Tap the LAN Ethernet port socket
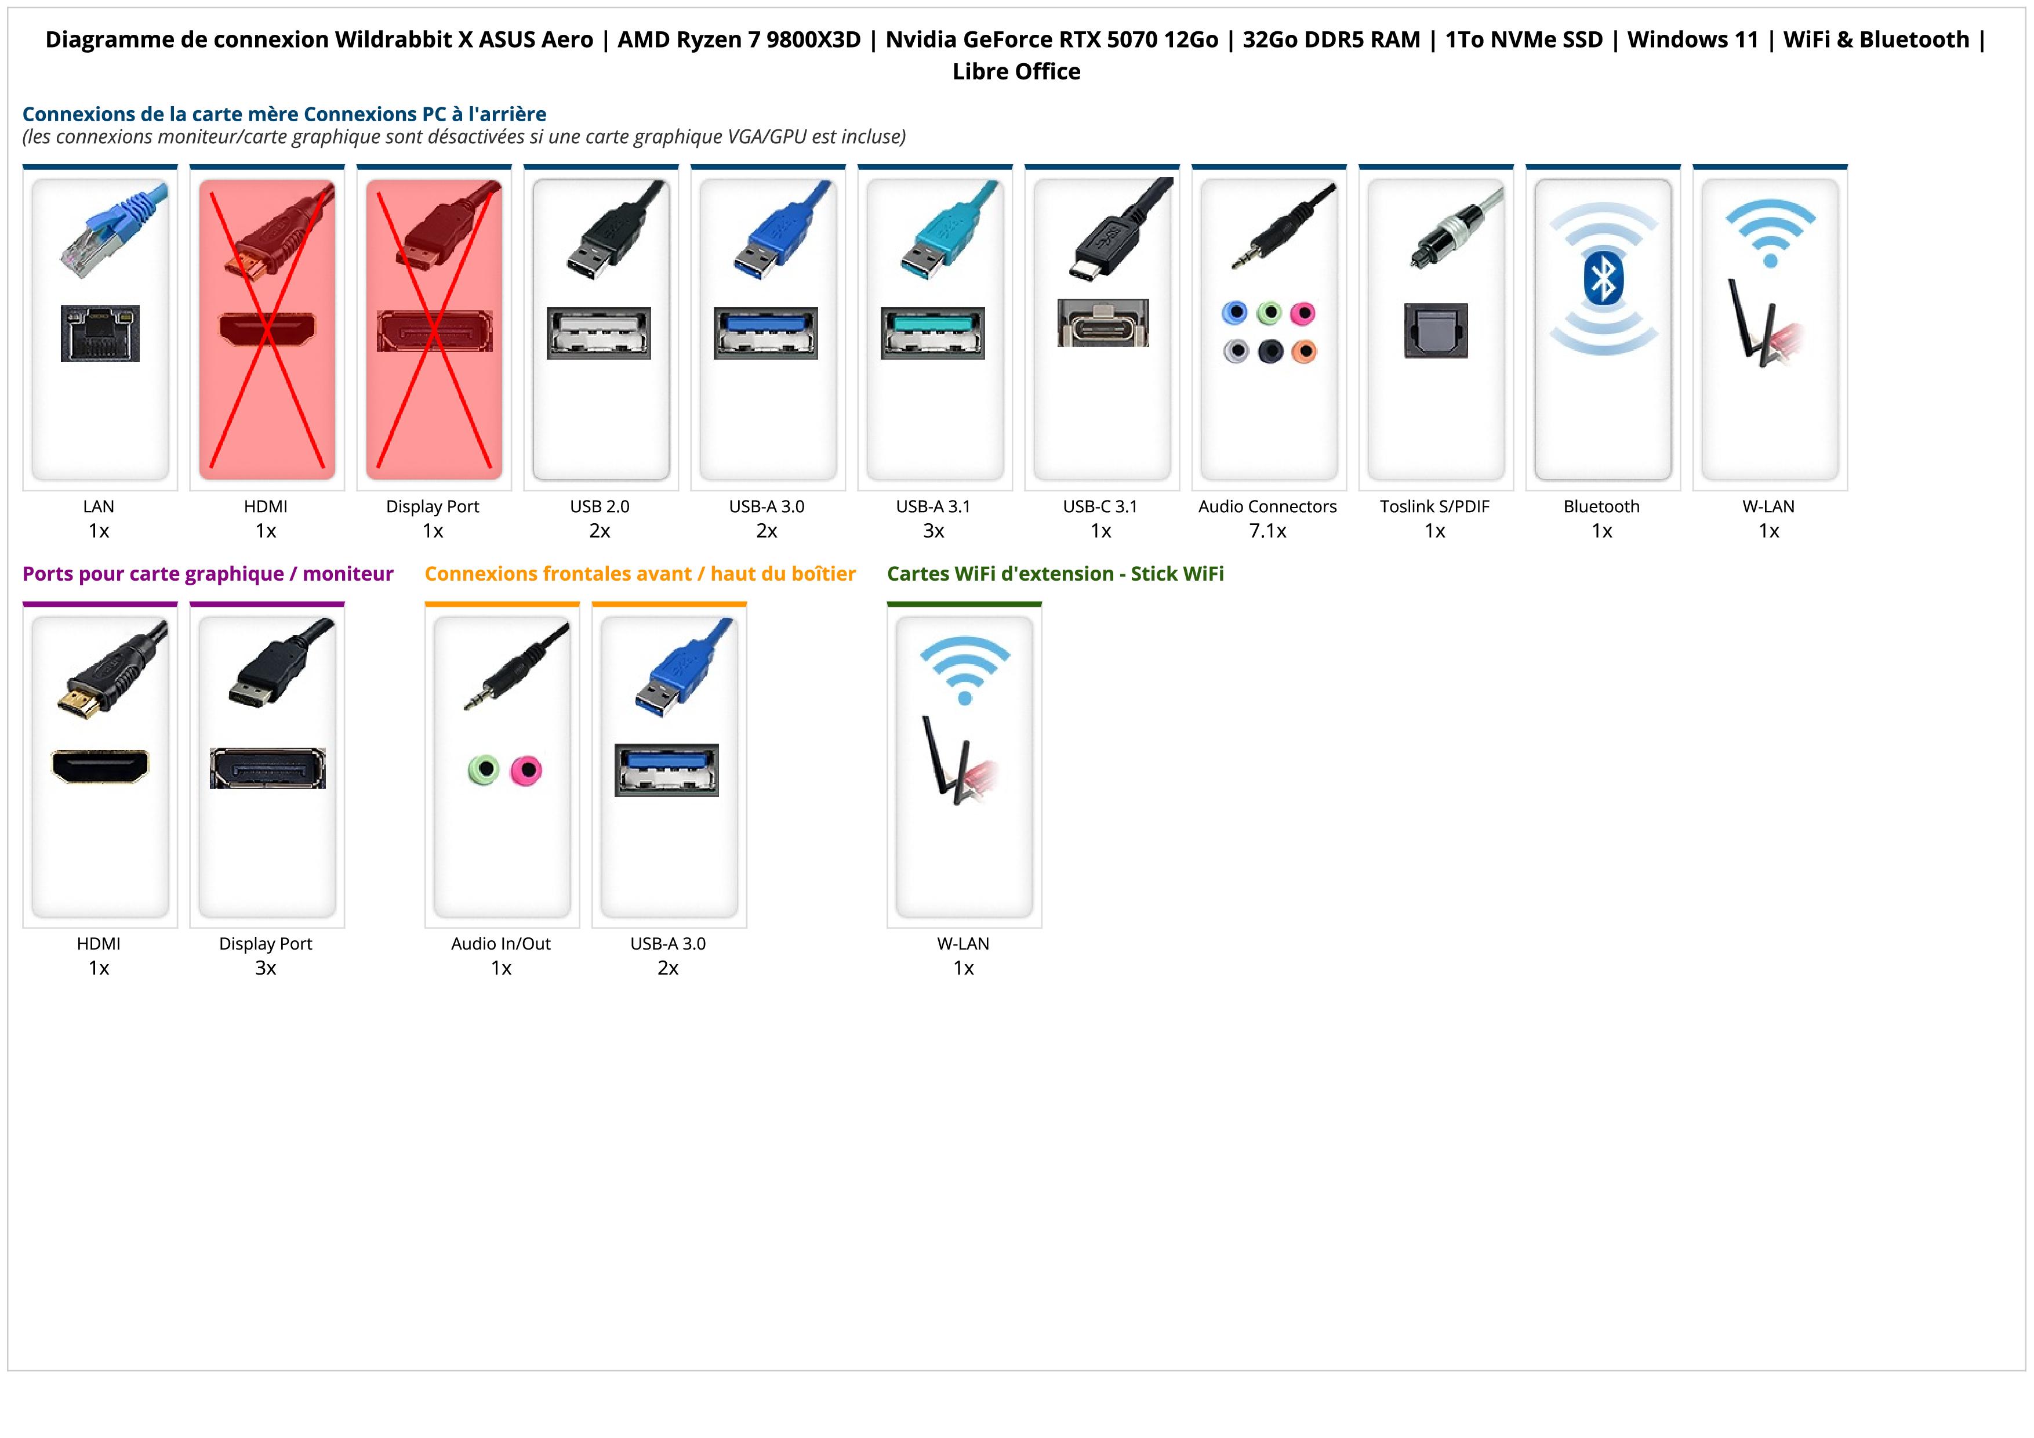click(x=100, y=333)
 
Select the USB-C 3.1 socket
click(x=1103, y=323)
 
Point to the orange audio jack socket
click(x=1304, y=352)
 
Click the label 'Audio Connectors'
click(x=1267, y=507)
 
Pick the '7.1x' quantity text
click(x=1267, y=531)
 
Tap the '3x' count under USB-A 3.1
click(x=933, y=531)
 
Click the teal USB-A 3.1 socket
click(x=932, y=332)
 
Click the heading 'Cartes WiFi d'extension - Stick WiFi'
click(x=1055, y=574)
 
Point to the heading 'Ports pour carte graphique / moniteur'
click(x=208, y=574)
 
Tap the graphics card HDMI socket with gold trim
click(x=100, y=766)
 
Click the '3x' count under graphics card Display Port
click(x=265, y=968)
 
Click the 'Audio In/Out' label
click(x=500, y=944)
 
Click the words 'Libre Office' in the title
click(x=1016, y=72)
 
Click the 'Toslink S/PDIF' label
click(x=1434, y=507)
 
